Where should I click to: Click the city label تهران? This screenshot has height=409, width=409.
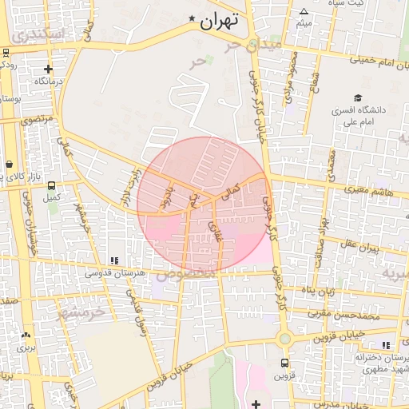[221, 22]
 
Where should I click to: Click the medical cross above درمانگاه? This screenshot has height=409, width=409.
[49, 69]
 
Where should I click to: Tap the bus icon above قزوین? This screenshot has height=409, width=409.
[284, 363]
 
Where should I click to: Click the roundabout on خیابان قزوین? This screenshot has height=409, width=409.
[284, 339]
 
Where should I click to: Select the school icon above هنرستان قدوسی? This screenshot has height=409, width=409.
[114, 260]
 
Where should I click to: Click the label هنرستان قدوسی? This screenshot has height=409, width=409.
[115, 272]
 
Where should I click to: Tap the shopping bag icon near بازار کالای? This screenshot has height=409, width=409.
[9, 163]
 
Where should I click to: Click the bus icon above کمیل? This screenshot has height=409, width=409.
[53, 185]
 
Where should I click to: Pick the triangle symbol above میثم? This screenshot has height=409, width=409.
[304, 11]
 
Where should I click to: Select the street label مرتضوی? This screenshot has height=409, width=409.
[36, 119]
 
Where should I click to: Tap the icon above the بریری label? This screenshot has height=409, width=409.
[27, 336]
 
